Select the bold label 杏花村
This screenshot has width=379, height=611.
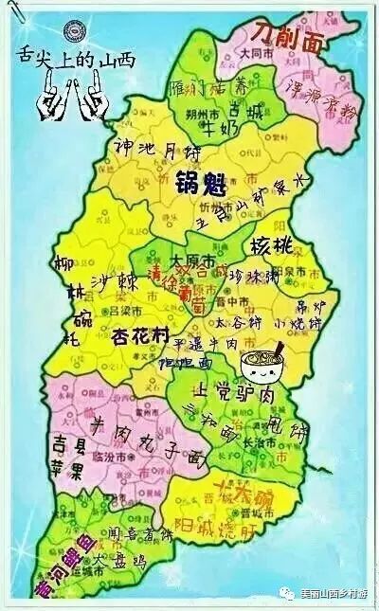coord(143,336)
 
